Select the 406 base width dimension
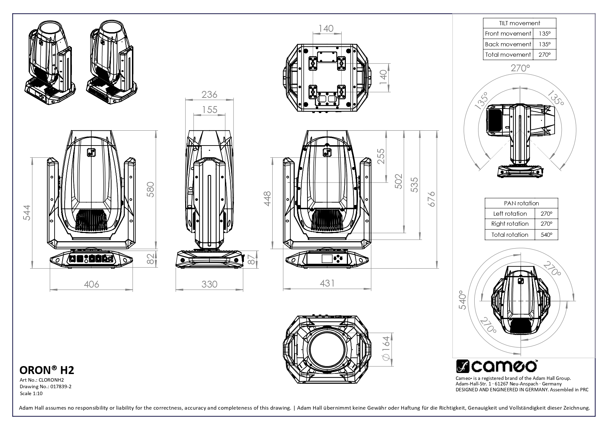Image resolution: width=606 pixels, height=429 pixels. (92, 284)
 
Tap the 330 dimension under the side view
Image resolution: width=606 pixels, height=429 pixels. (209, 284)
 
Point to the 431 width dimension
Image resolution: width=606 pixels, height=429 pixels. (327, 283)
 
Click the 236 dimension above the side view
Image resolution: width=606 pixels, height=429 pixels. (209, 94)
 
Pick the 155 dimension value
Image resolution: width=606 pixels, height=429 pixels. (209, 110)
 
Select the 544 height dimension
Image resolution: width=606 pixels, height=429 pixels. (27, 213)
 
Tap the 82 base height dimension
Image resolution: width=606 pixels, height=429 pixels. (150, 259)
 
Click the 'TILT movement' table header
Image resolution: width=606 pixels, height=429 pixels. (519, 23)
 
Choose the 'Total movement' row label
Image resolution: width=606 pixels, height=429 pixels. (508, 55)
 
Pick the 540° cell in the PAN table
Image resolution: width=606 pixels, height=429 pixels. (546, 235)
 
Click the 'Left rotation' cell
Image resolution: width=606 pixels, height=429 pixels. (510, 214)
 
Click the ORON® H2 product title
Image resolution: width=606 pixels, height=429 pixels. (47, 370)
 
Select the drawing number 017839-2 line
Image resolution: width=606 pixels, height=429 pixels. (45, 387)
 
